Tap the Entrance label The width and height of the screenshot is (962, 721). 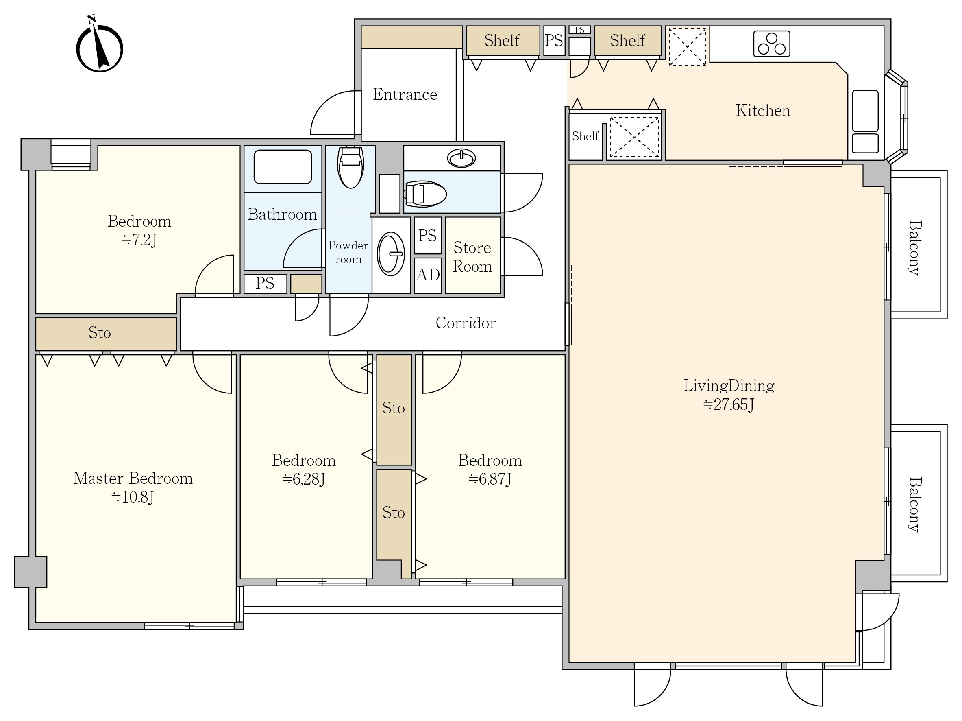[x=405, y=94]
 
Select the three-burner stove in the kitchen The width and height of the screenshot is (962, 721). [x=772, y=44]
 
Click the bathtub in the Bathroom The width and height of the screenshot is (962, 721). [x=283, y=167]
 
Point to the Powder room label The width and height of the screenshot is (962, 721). [x=348, y=252]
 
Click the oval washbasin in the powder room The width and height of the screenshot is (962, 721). [x=391, y=253]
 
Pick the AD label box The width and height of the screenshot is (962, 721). [x=428, y=275]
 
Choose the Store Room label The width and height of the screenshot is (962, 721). [x=473, y=257]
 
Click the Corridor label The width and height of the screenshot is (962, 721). [x=466, y=323]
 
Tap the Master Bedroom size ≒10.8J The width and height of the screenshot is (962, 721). [x=133, y=497]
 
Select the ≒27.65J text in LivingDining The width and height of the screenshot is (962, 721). [x=729, y=405]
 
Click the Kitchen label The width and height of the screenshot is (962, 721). [x=763, y=111]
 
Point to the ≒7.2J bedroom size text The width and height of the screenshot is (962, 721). [x=139, y=240]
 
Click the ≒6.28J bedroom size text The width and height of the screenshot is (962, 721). [x=304, y=479]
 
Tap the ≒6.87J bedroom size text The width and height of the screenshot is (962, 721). [x=490, y=479]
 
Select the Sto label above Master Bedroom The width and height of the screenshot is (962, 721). [x=100, y=333]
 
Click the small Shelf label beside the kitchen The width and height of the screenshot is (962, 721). [x=585, y=136]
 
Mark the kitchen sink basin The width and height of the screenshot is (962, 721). [x=865, y=111]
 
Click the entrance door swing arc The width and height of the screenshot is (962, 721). [x=331, y=109]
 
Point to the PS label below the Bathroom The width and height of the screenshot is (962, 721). [x=265, y=283]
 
